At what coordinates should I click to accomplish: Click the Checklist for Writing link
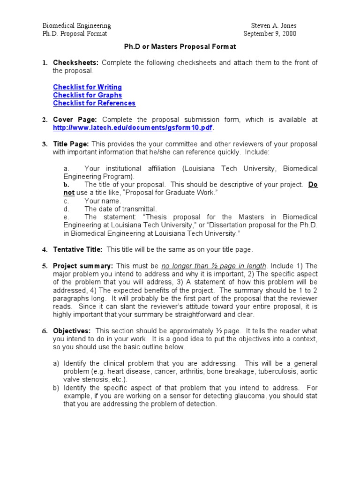tap(87, 87)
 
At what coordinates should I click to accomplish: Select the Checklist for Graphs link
tap(87, 95)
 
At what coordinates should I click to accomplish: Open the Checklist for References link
tap(94, 103)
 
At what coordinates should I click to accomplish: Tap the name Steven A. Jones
tap(274, 26)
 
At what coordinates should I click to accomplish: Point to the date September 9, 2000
tap(270, 34)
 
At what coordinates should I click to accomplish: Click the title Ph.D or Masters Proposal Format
tap(180, 47)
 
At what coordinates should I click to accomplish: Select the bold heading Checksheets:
tap(75, 63)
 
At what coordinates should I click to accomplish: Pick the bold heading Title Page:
tap(71, 144)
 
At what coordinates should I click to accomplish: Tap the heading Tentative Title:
tap(77, 249)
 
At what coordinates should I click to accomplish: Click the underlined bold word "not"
tap(69, 193)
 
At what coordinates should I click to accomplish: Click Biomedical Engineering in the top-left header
tap(77, 26)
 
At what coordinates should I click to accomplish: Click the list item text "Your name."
tap(103, 201)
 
